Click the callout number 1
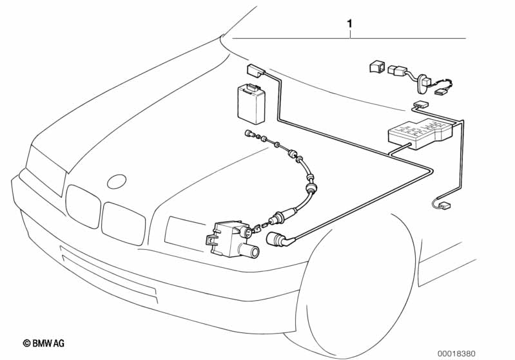click(x=349, y=24)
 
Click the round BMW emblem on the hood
click(x=117, y=181)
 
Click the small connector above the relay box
click(x=255, y=71)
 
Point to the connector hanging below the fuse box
click(x=442, y=206)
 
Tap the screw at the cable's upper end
click(x=249, y=134)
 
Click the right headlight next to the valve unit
click(x=183, y=228)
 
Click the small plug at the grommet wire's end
click(x=442, y=92)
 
